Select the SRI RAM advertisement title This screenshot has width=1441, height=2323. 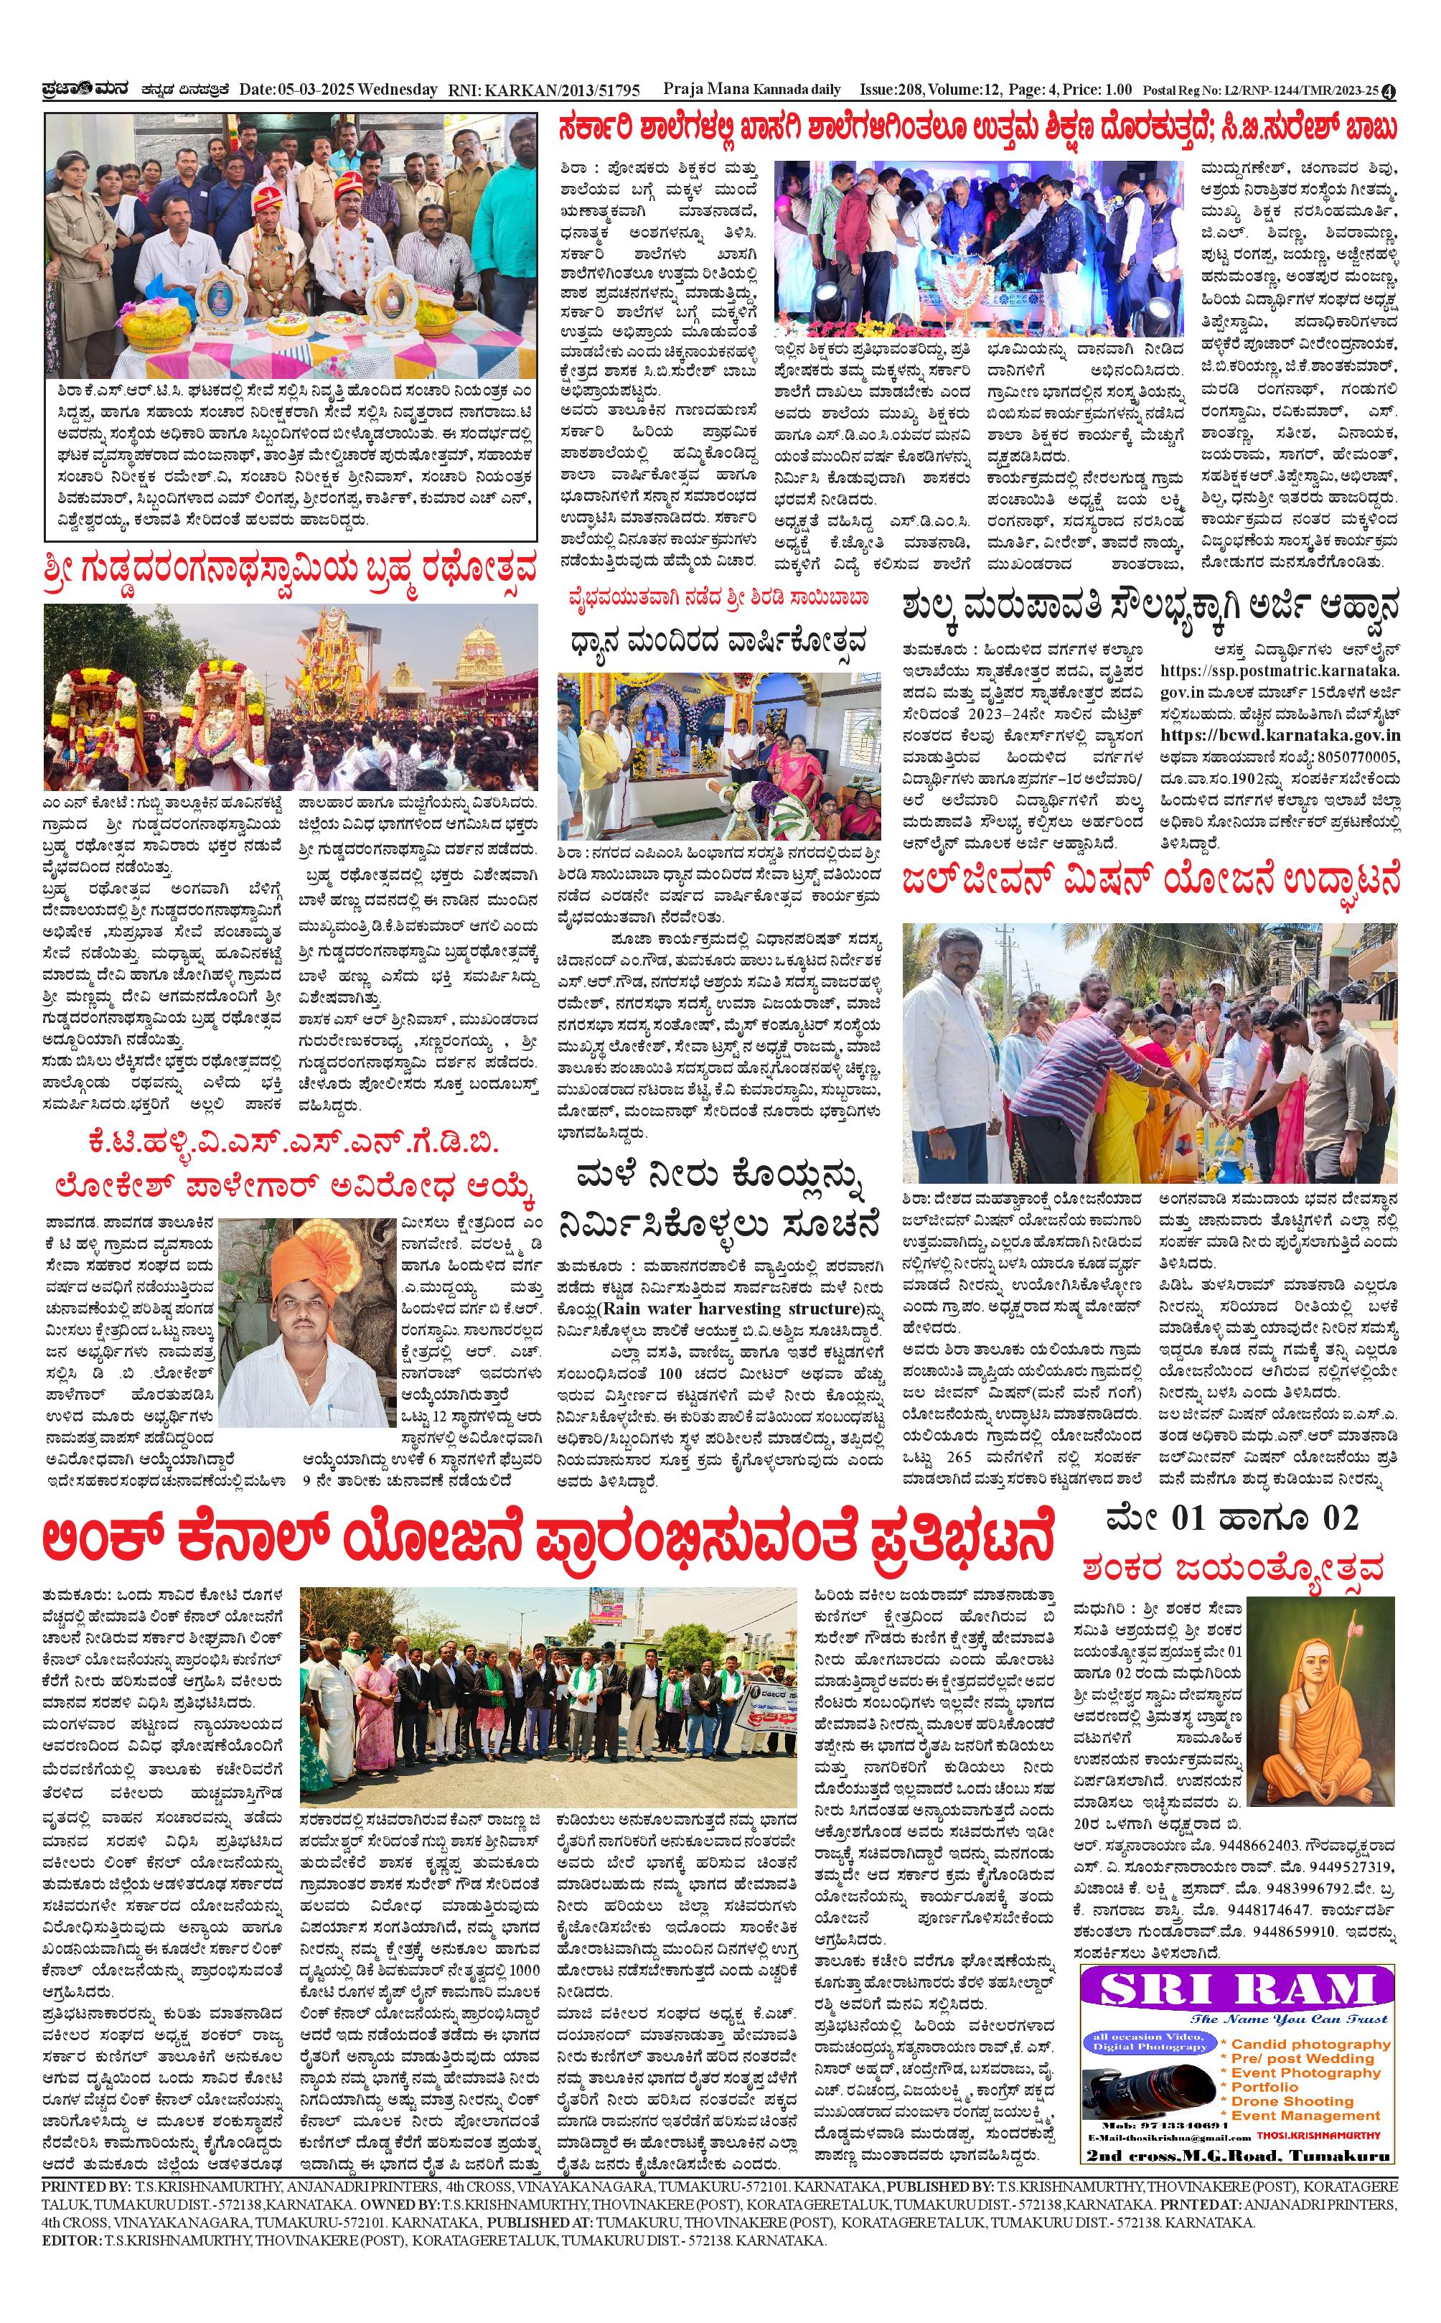pos(1236,1991)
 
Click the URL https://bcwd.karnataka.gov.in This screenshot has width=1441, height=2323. pos(1280,735)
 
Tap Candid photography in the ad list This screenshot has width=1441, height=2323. pos(1310,2044)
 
